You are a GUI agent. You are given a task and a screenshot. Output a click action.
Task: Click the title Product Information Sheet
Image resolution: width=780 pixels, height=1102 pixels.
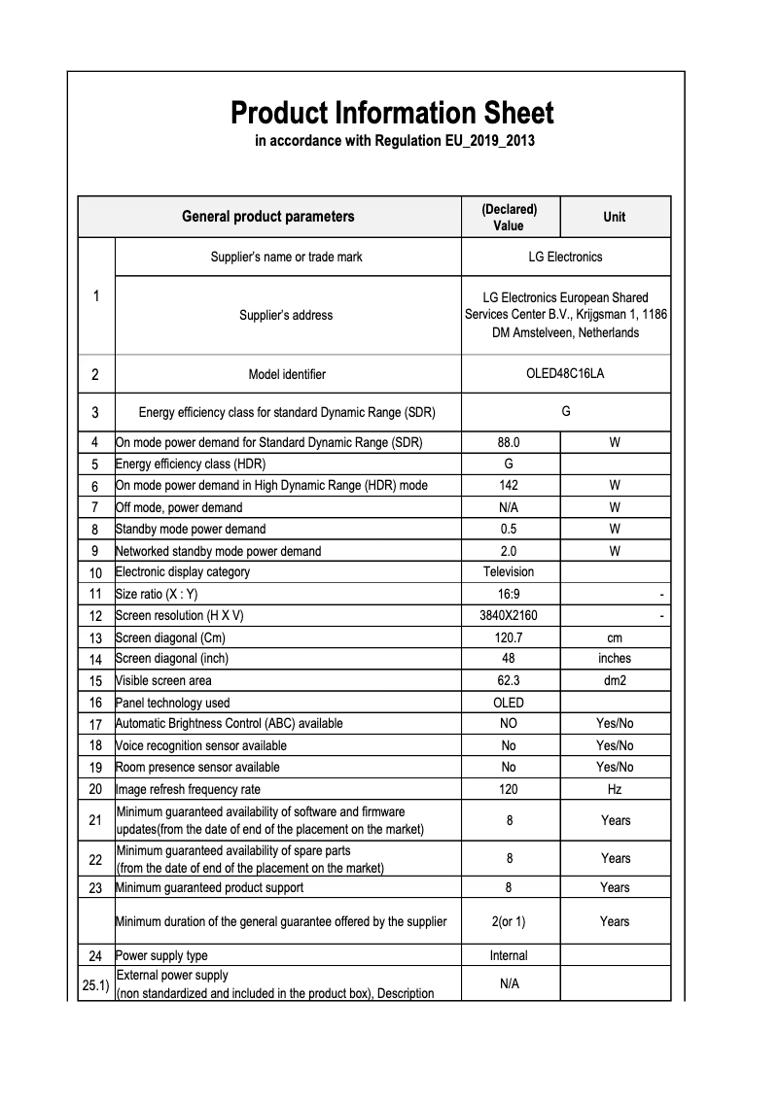[x=392, y=113]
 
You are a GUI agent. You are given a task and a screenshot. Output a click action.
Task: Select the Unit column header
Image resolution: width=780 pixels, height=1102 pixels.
[x=615, y=217]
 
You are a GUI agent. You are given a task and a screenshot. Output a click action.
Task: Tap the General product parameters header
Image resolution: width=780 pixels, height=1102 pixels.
[x=268, y=217]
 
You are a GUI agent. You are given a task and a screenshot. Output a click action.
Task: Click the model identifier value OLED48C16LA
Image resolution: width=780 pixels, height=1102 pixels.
[x=565, y=374]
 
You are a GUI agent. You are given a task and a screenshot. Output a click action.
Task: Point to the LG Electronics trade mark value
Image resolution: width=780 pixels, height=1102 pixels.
[x=565, y=258]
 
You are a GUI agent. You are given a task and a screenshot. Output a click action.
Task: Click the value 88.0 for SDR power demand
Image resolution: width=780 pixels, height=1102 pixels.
[x=509, y=442]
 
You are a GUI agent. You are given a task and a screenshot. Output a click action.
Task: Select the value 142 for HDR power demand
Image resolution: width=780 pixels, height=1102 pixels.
[x=509, y=485]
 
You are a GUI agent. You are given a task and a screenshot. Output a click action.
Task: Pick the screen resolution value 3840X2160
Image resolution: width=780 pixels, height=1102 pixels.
[x=509, y=616]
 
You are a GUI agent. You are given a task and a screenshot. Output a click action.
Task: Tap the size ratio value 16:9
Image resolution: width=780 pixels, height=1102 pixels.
[x=509, y=594]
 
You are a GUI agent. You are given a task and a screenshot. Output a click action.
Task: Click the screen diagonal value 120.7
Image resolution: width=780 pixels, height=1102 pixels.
[x=509, y=638]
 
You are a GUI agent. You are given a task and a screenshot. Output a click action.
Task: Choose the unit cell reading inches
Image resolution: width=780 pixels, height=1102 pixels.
[x=615, y=659]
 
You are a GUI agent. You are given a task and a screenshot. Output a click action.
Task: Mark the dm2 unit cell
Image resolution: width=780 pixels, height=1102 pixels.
[x=615, y=681]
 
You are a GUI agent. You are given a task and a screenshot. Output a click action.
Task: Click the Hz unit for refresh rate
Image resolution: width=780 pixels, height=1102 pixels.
[x=615, y=790]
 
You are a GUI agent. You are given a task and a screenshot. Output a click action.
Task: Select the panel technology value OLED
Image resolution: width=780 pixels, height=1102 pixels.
[x=509, y=703]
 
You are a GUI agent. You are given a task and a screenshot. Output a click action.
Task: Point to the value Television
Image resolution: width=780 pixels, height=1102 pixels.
[x=509, y=571]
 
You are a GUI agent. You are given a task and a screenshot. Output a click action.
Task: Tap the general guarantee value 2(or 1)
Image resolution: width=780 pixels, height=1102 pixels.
[x=509, y=921]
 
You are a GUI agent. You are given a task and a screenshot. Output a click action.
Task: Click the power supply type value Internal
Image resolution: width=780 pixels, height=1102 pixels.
[x=509, y=955]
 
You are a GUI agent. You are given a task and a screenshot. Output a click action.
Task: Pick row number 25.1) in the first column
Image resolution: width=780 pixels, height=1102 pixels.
[x=95, y=984]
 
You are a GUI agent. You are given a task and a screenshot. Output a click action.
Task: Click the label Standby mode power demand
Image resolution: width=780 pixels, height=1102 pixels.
[x=191, y=530]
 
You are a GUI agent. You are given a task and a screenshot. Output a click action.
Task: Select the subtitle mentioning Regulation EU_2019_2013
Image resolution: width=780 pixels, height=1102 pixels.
[x=395, y=142]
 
